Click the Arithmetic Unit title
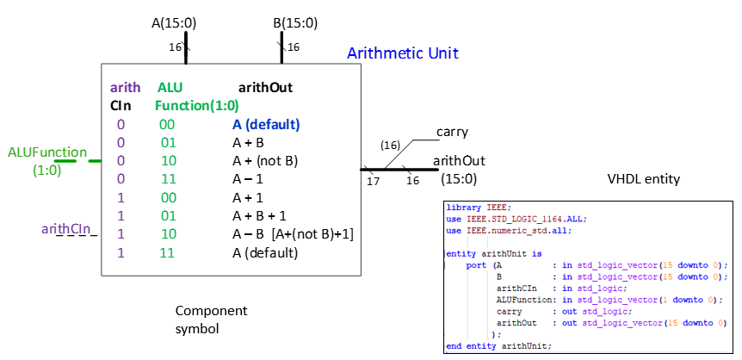pyautogui.click(x=402, y=53)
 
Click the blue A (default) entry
pyautogui.click(x=265, y=124)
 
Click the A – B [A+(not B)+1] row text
pyautogui.click(x=293, y=234)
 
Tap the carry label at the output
pyautogui.click(x=452, y=132)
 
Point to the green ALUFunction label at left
pyautogui.click(x=47, y=152)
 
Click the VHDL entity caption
pyautogui.click(x=644, y=179)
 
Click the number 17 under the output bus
pyautogui.click(x=373, y=181)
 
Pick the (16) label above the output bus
pyautogui.click(x=391, y=146)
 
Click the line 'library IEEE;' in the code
pyautogui.click(x=478, y=208)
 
